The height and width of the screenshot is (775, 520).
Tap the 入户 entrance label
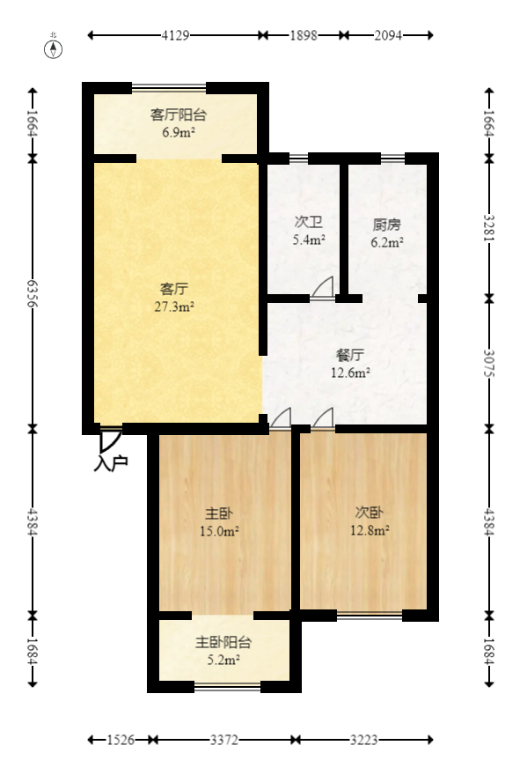[x=111, y=461]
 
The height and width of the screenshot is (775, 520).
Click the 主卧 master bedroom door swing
[x=281, y=419]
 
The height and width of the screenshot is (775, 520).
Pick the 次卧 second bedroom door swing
[x=323, y=419]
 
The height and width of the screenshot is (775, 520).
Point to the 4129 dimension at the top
[x=176, y=35]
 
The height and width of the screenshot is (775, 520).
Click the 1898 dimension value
[x=304, y=35]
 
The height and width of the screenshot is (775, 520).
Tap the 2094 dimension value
[x=388, y=35]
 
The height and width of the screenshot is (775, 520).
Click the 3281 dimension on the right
[x=489, y=228]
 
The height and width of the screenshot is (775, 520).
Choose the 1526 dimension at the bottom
[x=120, y=741]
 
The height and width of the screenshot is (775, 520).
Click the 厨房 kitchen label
[x=387, y=225]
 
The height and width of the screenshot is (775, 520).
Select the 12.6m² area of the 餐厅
[x=351, y=373]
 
